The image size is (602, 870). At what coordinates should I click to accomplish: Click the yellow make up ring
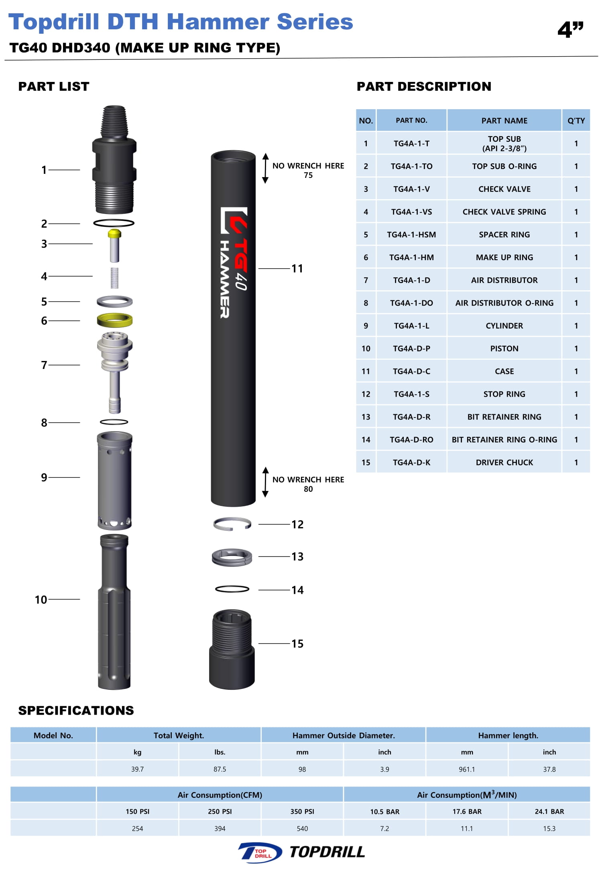point(115,320)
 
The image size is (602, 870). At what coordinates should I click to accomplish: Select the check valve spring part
point(114,278)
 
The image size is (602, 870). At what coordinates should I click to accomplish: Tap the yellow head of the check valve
point(114,233)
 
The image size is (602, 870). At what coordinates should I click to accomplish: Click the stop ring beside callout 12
point(232,524)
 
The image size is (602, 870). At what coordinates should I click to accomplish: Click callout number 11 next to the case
point(297,269)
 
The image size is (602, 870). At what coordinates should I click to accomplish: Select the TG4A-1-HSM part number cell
point(411,235)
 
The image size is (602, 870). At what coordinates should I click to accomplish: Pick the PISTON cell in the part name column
point(504,348)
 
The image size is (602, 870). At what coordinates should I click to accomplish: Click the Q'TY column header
point(576,120)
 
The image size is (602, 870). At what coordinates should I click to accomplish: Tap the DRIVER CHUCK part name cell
point(504,463)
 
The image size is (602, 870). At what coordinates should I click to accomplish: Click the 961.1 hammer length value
point(467,769)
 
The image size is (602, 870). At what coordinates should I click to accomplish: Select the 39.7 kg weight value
point(137,769)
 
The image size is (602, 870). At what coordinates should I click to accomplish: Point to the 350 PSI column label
point(302,811)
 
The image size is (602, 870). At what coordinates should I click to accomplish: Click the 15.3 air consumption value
point(549,828)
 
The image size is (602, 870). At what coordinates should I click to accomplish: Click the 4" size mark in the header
point(570,29)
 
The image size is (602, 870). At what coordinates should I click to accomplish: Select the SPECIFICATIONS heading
point(76,710)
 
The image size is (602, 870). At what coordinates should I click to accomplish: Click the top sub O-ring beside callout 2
point(114,223)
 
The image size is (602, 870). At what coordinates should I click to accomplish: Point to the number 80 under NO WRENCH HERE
point(308,489)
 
